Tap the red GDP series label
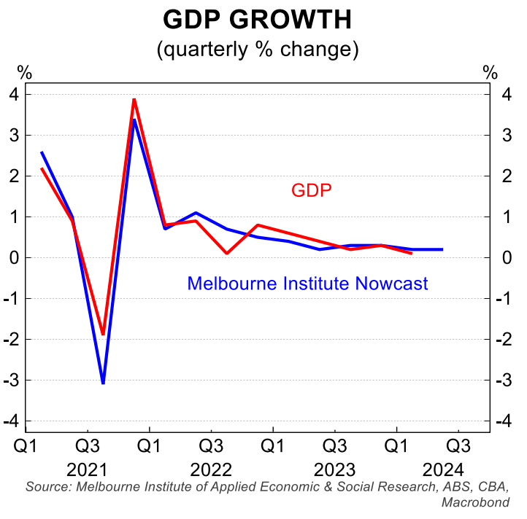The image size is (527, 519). click(x=312, y=191)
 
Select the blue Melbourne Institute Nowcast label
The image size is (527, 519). click(x=307, y=284)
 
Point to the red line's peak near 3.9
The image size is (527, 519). click(x=134, y=99)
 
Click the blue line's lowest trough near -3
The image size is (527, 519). click(x=103, y=383)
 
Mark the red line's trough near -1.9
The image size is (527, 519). click(x=103, y=334)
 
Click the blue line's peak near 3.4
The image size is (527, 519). click(x=134, y=120)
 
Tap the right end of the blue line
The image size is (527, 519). click(x=442, y=249)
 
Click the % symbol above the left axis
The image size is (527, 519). click(x=25, y=73)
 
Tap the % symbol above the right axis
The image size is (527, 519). click(x=490, y=73)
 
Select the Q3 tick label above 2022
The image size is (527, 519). click(x=211, y=444)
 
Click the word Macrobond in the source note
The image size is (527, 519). click(x=475, y=502)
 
